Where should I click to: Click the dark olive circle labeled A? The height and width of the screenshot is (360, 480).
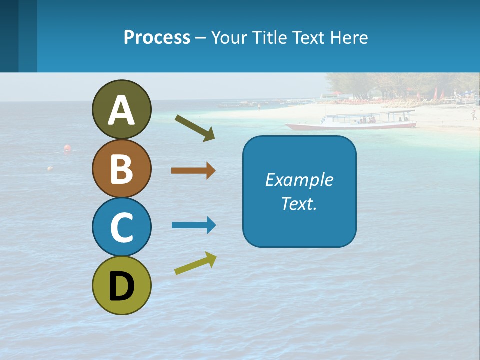click(x=121, y=109)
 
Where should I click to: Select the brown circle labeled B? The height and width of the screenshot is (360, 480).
click(x=121, y=168)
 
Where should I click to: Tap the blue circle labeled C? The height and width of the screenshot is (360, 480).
click(x=121, y=227)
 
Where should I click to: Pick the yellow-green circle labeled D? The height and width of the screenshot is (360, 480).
click(x=121, y=285)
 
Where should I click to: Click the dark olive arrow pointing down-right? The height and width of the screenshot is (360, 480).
click(x=195, y=128)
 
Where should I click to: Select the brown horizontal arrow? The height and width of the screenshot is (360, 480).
click(x=193, y=171)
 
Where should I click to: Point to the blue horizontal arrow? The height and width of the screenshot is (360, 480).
click(x=194, y=225)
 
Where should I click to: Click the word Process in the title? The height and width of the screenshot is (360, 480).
click(x=157, y=37)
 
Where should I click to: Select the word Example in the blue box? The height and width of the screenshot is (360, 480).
click(x=299, y=180)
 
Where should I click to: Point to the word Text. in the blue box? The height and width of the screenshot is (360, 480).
click(x=299, y=203)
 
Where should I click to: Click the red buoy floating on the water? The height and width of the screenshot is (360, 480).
click(x=67, y=148)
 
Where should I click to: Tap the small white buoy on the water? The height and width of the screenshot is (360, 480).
click(x=50, y=169)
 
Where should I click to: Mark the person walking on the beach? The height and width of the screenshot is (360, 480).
click(x=473, y=115)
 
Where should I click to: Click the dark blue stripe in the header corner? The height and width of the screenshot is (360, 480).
click(x=9, y=36)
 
